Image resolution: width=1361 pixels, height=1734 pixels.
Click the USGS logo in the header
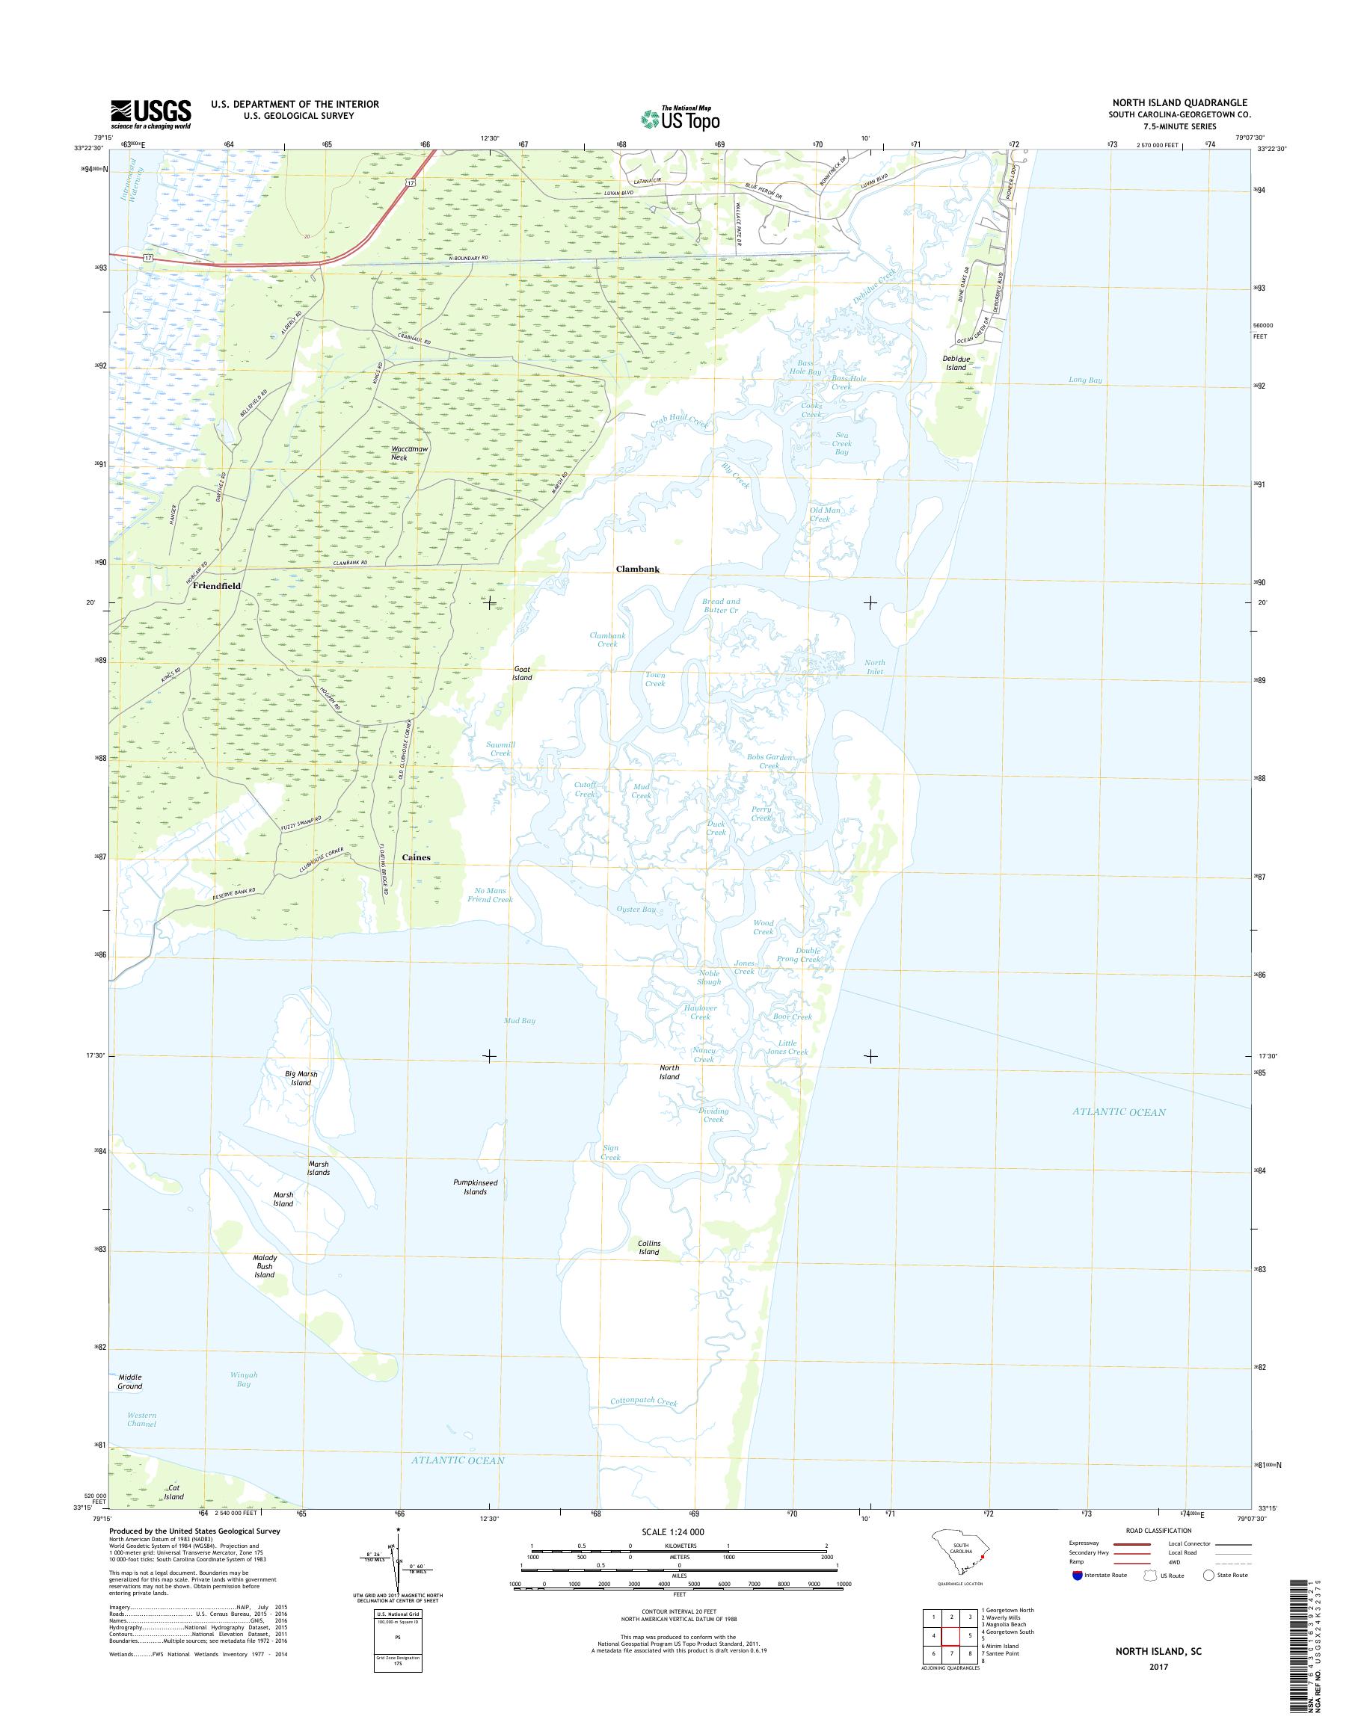point(150,114)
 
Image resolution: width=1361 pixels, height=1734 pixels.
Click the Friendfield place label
point(216,585)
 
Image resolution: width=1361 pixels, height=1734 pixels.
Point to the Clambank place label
point(637,570)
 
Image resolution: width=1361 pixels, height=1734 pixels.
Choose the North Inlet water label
point(874,667)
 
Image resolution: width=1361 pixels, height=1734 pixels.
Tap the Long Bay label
point(1084,380)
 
